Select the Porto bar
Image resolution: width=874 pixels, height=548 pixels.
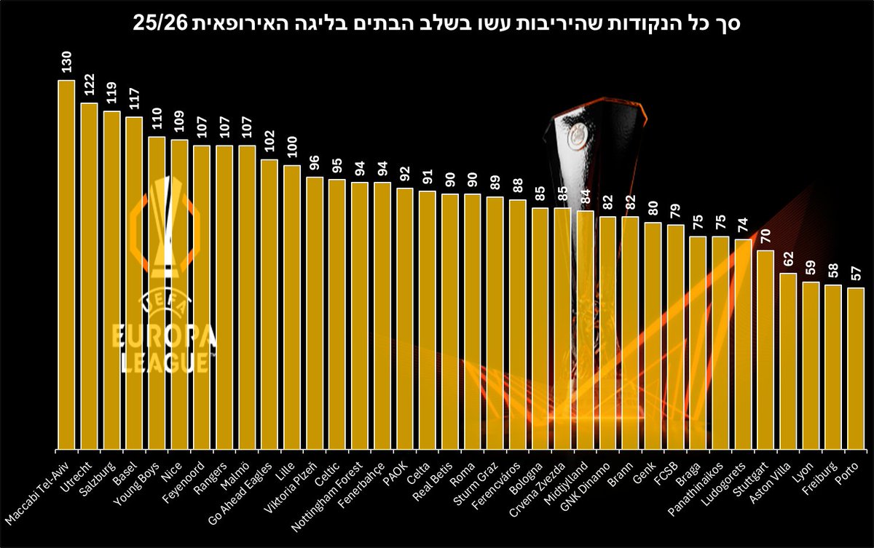pos(856,368)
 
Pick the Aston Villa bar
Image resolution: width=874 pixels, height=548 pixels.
pos(788,361)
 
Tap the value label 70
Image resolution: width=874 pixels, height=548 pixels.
pos(765,237)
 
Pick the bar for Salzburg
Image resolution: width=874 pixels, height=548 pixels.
pos(111,280)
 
